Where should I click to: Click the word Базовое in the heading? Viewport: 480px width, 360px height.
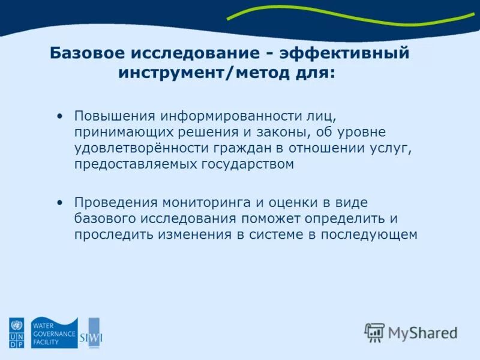pyautogui.click(x=84, y=53)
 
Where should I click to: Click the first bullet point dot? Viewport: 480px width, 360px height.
pyautogui.click(x=59, y=115)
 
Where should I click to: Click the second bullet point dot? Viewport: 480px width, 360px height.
pyautogui.click(x=59, y=203)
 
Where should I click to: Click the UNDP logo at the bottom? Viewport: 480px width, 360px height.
pyautogui.click(x=16, y=333)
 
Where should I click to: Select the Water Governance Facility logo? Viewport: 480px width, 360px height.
pyautogui.click(x=54, y=332)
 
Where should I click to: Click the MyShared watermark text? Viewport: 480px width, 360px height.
pyautogui.click(x=422, y=332)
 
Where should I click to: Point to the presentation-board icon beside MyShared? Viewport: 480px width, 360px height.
pyautogui.click(x=374, y=332)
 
